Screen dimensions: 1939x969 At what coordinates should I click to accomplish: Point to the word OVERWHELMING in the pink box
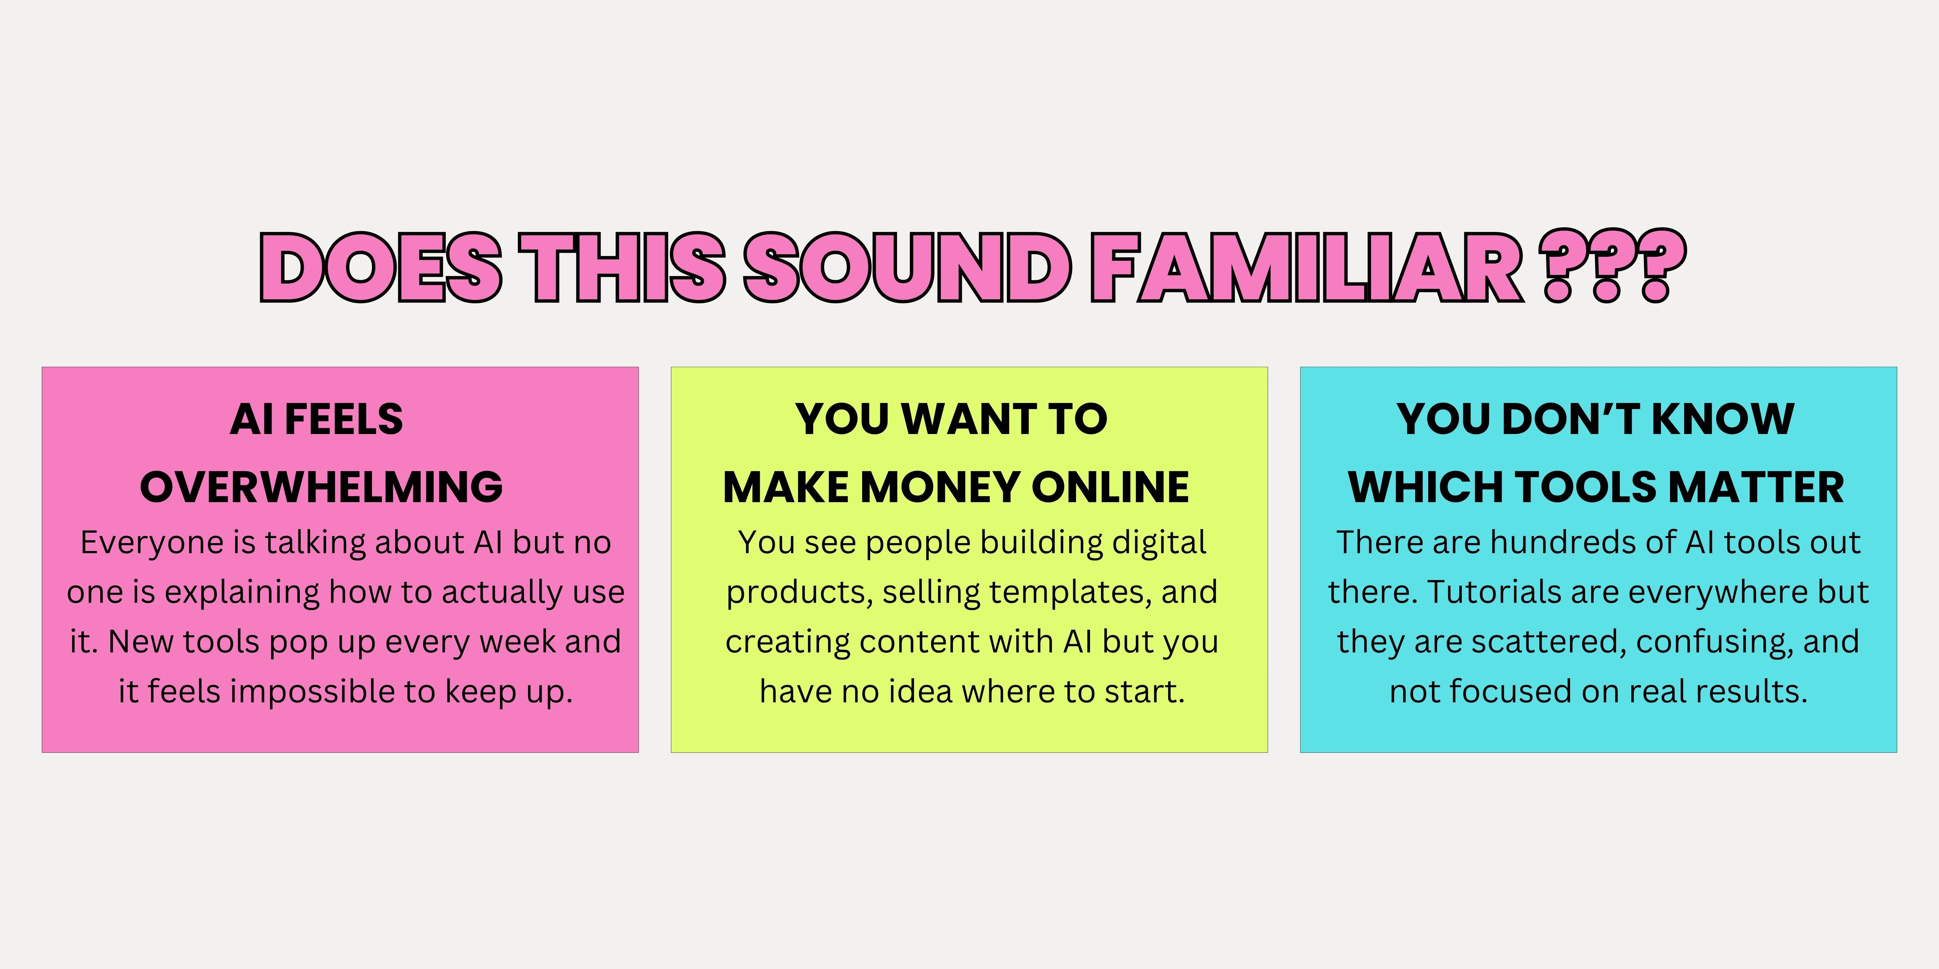(x=321, y=487)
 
